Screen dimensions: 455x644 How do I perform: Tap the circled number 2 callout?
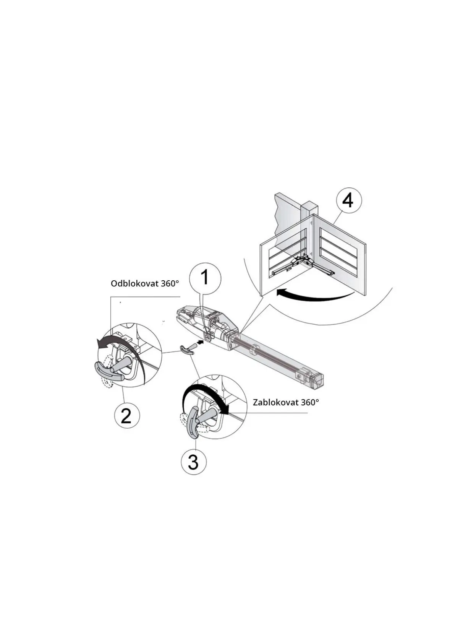(127, 415)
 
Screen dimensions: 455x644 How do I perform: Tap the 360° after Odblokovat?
(169, 284)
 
